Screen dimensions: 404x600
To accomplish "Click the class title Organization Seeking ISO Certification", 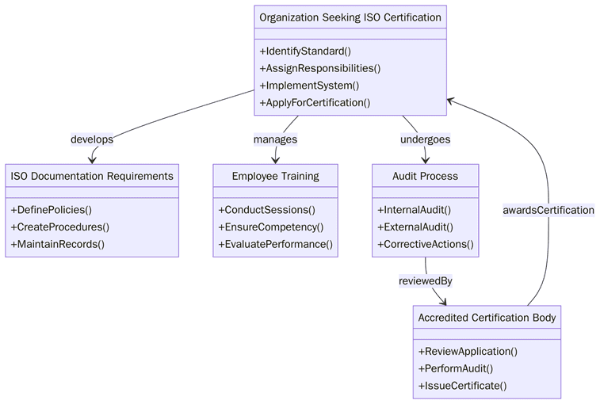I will click(x=350, y=17).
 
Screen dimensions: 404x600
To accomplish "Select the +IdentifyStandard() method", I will click(x=305, y=51).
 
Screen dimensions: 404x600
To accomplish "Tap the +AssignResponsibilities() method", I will click(x=319, y=68).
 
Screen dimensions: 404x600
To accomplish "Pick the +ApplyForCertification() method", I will click(x=315, y=102).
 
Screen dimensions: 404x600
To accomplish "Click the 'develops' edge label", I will click(x=92, y=139).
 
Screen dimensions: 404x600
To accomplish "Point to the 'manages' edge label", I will click(x=275, y=139).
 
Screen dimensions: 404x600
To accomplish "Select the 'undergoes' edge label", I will click(x=425, y=139).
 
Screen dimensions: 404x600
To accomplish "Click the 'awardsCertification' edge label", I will click(x=548, y=210).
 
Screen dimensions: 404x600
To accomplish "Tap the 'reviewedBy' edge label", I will click(x=425, y=280).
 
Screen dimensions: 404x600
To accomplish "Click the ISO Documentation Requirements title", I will click(x=92, y=176).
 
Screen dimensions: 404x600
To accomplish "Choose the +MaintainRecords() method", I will click(x=57, y=244).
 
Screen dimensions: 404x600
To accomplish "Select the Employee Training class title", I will click(x=275, y=176).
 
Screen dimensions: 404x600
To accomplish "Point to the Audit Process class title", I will click(x=425, y=176).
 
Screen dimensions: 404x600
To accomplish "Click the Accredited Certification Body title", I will click(x=487, y=318).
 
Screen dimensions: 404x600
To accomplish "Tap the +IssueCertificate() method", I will click(x=462, y=386).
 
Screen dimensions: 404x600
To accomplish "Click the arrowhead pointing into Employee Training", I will click(x=275, y=160).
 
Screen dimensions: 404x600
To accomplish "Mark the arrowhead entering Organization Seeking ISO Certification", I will click(x=450, y=101).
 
